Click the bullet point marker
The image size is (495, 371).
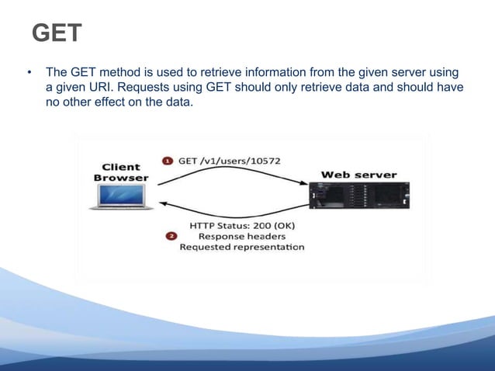pyautogui.click(x=29, y=73)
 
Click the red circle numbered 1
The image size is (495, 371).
pyautogui.click(x=168, y=161)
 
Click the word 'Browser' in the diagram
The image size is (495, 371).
pyautogui.click(x=120, y=178)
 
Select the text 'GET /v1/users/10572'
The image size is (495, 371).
pyautogui.click(x=230, y=161)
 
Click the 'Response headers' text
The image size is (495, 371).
pyautogui.click(x=241, y=236)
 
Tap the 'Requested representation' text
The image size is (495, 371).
pyautogui.click(x=241, y=248)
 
